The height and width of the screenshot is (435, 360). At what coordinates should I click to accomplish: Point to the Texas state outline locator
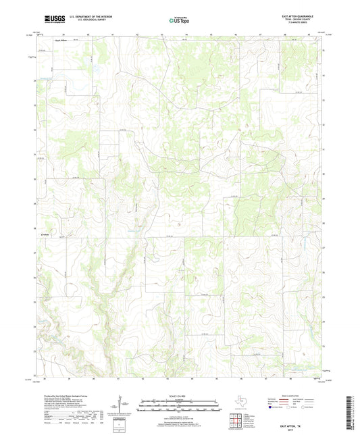(241, 400)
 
